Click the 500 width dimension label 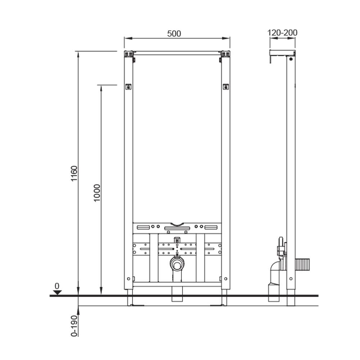174,33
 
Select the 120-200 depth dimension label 282,33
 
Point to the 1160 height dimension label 74,174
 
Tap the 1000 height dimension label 97,193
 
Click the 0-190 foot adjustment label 74,326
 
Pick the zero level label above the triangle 57,286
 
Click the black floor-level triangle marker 57,292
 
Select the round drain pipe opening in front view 177,265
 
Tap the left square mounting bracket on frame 129,86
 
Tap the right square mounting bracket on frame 226,86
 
